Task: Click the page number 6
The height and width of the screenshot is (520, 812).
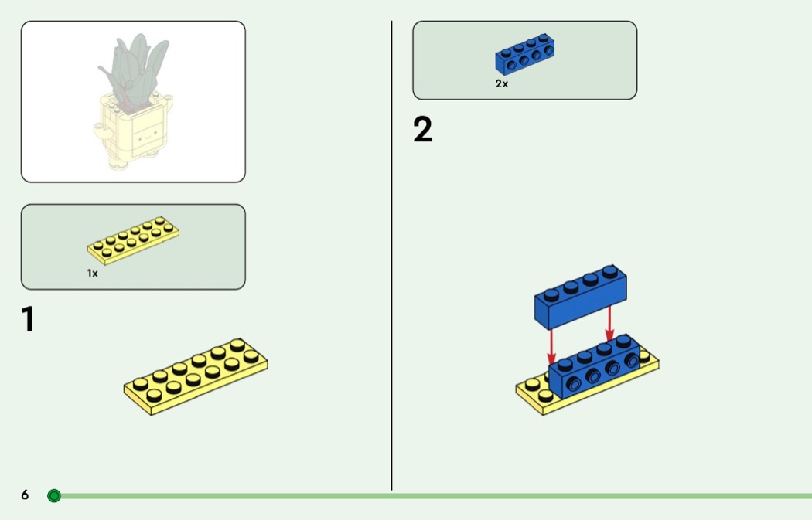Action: coord(25,495)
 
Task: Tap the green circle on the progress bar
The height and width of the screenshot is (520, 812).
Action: coord(53,495)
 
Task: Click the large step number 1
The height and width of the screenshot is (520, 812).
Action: coord(29,319)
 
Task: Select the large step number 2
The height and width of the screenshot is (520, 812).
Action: coord(423,130)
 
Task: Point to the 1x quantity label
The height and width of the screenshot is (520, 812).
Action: coord(92,273)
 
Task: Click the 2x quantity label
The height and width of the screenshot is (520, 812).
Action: coord(502,83)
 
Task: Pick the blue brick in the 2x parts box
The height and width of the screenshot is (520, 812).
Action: coord(525,55)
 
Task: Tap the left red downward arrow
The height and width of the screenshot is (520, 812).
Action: coord(551,345)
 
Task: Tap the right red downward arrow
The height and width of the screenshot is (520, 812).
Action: coord(609,323)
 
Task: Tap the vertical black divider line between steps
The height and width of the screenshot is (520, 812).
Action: coord(391,255)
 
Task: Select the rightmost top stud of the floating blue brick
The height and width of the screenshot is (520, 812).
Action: coord(611,272)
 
